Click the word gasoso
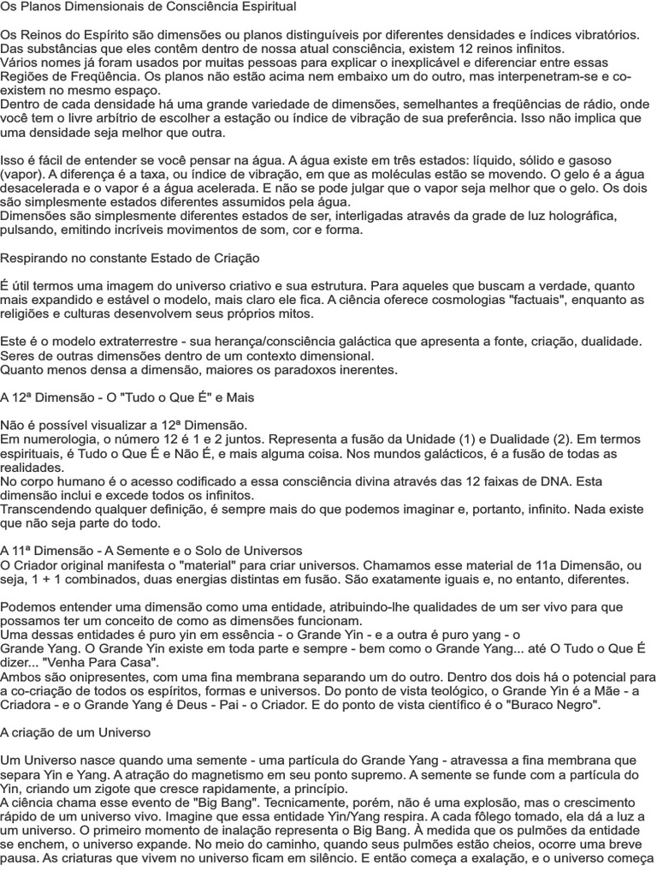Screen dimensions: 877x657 589,160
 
